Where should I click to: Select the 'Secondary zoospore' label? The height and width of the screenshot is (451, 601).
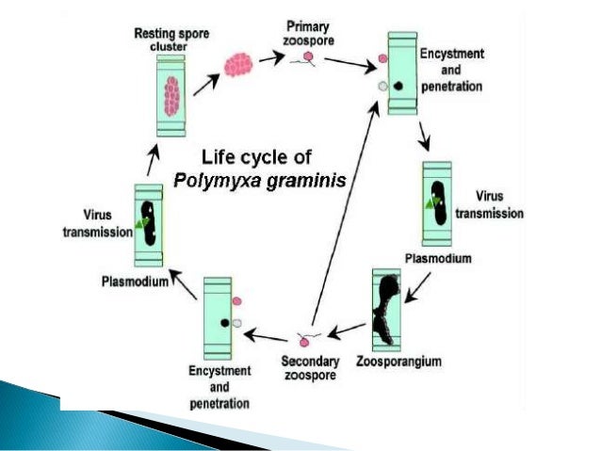pyautogui.click(x=309, y=368)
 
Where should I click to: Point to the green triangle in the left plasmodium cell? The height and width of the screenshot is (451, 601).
pyautogui.click(x=141, y=222)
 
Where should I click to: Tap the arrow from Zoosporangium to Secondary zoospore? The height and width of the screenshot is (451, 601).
pyautogui.click(x=348, y=330)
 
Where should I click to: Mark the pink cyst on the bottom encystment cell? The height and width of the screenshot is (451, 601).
pyautogui.click(x=236, y=303)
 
